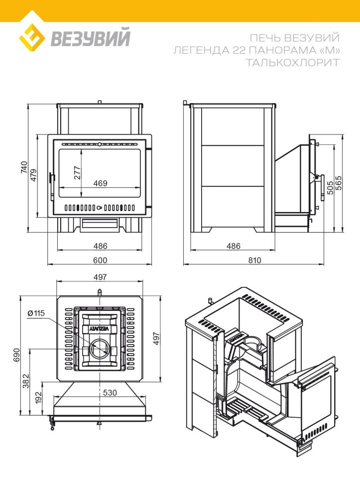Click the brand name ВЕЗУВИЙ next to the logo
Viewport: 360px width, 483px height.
pos(91,37)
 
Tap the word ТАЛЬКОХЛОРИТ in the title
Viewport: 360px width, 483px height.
pos(293,63)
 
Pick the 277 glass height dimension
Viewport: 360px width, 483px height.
pos(77,172)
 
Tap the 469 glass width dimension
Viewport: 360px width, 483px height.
pos(101,183)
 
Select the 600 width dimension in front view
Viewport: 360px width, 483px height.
pos(100,260)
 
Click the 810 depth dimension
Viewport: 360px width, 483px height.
pos(254,260)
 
